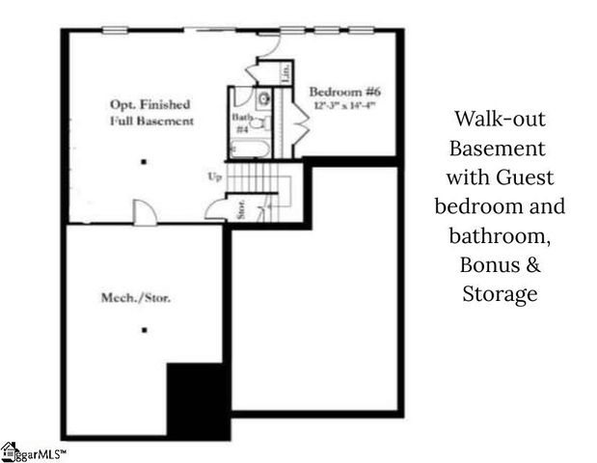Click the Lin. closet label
[286, 71]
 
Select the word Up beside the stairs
[216, 177]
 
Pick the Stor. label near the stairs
[240, 210]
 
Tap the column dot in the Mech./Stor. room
[144, 331]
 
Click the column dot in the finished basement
[144, 162]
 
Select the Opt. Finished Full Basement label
[149, 112]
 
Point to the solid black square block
[199, 399]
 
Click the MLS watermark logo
[33, 451]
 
